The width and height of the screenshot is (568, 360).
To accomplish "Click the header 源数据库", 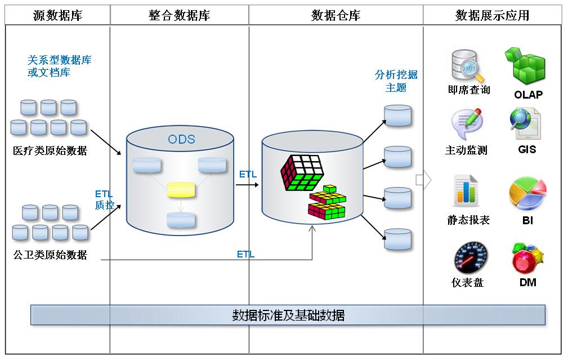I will [x=57, y=15].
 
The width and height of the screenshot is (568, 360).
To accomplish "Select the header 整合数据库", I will [x=179, y=15].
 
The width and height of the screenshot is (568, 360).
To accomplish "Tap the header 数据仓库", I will [x=336, y=15].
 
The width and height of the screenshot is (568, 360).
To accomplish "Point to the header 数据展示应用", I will [x=492, y=15].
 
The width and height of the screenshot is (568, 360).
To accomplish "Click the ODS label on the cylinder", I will [x=181, y=139].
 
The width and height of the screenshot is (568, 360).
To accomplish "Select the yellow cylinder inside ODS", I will [x=181, y=189].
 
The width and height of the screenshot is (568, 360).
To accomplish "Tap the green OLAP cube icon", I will [x=527, y=66].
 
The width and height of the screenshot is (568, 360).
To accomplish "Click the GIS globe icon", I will [x=525, y=123].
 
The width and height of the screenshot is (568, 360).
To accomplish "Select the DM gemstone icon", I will [x=527, y=259].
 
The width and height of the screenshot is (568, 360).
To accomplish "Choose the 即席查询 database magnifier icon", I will [x=468, y=66].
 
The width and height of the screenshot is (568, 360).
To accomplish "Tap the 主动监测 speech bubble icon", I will [x=466, y=124].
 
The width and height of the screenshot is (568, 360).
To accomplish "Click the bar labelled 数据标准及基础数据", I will [x=288, y=315].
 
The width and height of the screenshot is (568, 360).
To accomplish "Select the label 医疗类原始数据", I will [x=50, y=151].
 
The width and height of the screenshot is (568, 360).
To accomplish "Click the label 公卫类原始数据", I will [x=50, y=255].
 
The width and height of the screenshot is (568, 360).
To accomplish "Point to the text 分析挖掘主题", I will [x=396, y=81].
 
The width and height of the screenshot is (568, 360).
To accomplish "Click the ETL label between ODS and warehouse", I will [x=248, y=174].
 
